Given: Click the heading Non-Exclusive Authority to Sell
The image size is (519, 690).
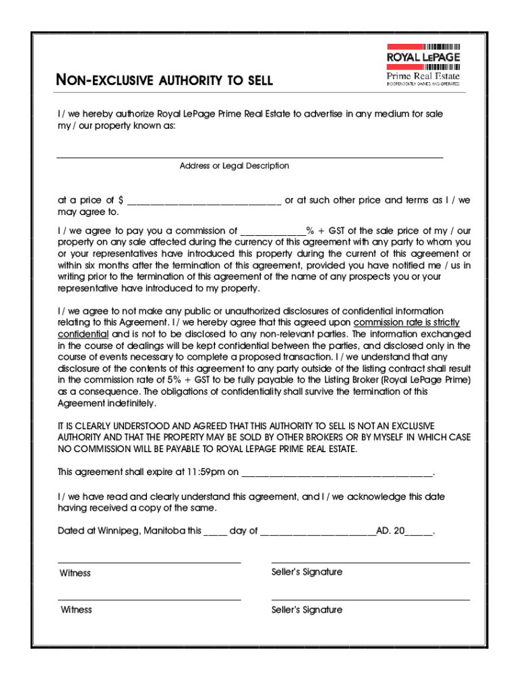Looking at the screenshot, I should [x=165, y=81].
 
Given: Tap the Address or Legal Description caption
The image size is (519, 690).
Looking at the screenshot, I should [x=234, y=166].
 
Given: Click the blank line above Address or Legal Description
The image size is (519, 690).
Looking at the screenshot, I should [x=249, y=156].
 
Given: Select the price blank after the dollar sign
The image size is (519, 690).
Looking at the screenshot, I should [x=204, y=201].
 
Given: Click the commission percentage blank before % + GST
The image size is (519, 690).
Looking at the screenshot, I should [x=272, y=231].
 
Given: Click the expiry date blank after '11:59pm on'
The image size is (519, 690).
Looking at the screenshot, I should [x=336, y=472].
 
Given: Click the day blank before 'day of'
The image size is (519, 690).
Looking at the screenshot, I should [x=215, y=532].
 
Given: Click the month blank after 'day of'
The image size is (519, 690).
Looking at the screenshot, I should [x=317, y=532].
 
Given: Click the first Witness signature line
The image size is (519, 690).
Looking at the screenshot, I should [x=149, y=561].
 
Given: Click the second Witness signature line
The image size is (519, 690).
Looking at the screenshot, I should [x=149, y=598].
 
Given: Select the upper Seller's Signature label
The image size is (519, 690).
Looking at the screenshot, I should [x=307, y=572].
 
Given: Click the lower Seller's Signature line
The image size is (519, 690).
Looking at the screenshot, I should [x=370, y=598].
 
